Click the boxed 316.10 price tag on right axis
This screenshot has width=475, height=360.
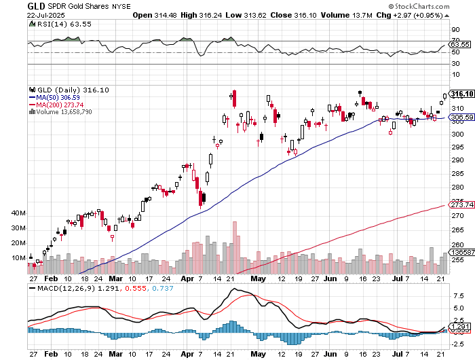[461, 94]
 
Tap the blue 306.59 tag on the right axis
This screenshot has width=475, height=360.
[461, 118]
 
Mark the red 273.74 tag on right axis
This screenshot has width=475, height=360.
[461, 204]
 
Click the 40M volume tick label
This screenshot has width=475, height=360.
[18, 213]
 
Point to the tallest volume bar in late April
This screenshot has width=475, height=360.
[235, 246]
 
